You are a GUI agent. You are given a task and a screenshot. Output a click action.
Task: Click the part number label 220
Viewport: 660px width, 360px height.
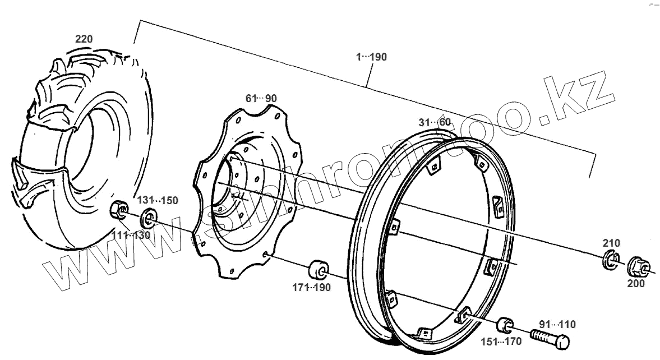pyautogui.click(x=84, y=39)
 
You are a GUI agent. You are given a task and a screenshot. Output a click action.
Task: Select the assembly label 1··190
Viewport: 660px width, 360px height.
pyautogui.click(x=371, y=57)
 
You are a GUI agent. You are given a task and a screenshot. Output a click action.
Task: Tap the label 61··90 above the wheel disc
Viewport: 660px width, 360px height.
pyautogui.click(x=261, y=98)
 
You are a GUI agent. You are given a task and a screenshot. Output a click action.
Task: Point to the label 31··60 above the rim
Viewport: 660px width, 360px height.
pyautogui.click(x=435, y=122)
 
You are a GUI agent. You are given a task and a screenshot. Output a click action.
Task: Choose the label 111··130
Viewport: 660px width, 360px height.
pyautogui.click(x=132, y=235)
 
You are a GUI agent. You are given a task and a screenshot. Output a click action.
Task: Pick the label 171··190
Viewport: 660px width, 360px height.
pyautogui.click(x=311, y=288)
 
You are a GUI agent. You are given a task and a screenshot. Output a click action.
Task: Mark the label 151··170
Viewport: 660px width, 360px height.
pyautogui.click(x=501, y=341)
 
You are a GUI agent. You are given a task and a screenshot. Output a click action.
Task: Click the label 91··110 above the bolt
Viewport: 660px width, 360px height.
pyautogui.click(x=557, y=324)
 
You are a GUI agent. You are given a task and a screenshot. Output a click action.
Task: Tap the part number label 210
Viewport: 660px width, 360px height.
pyautogui.click(x=611, y=243)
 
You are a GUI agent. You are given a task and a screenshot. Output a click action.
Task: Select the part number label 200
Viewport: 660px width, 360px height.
pyautogui.click(x=636, y=284)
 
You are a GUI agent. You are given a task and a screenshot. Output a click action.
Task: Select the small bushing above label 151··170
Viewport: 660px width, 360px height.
pyautogui.click(x=504, y=325)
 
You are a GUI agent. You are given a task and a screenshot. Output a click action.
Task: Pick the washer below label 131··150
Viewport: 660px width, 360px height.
pyautogui.click(x=149, y=215)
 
